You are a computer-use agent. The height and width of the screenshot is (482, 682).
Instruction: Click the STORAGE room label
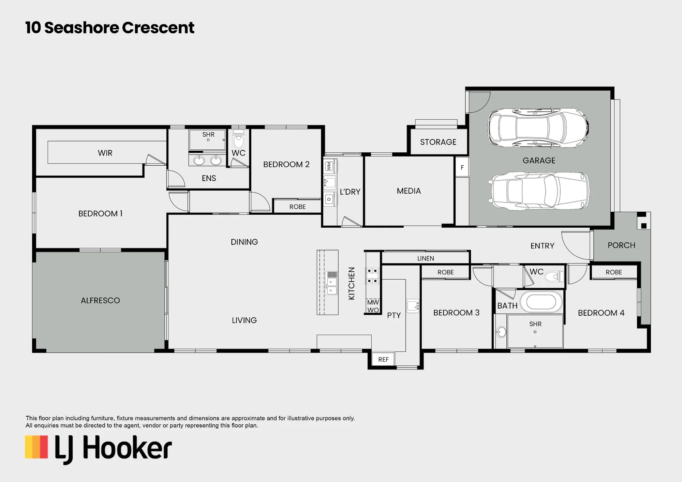pyautogui.click(x=438, y=142)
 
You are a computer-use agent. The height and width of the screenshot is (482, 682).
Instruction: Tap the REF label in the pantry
pyautogui.click(x=383, y=360)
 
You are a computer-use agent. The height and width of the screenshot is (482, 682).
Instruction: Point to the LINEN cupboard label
pyautogui.click(x=426, y=259)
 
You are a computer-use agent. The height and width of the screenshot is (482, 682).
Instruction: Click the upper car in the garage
pyautogui.click(x=538, y=128)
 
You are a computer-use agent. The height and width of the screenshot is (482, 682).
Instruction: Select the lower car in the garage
pyautogui.click(x=540, y=191)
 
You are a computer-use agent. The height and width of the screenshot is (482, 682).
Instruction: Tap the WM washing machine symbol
pyautogui.click(x=329, y=166)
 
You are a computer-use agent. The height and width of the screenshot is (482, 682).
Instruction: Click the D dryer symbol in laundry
pyautogui.click(x=329, y=199)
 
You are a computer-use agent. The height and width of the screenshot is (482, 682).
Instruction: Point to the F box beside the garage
pyautogui.click(x=462, y=167)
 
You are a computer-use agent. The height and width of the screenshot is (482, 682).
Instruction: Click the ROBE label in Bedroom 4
pyautogui.click(x=614, y=272)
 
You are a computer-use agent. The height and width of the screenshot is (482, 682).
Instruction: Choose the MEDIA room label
pyautogui.click(x=409, y=191)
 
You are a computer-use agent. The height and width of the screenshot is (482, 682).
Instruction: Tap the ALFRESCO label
pyautogui.click(x=100, y=300)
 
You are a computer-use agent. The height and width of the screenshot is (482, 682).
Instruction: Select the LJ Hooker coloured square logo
pyautogui.click(x=36, y=447)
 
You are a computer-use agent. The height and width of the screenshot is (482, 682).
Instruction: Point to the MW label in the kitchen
pyautogui.click(x=373, y=302)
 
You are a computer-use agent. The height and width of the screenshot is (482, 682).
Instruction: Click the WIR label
pyautogui.click(x=105, y=153)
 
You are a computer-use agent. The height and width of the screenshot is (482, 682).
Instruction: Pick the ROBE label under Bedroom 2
pyautogui.click(x=297, y=207)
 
